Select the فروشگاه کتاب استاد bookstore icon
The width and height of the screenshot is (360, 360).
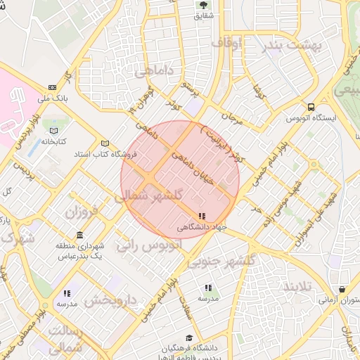[105, 143]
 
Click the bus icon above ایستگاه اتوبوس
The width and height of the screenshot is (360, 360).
[311, 107]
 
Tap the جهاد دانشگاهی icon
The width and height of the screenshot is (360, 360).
[202, 217]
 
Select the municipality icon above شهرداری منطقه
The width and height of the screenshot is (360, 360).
[79, 235]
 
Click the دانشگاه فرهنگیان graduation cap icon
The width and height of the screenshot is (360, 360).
[188, 337]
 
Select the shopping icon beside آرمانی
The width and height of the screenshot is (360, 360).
[342, 289]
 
